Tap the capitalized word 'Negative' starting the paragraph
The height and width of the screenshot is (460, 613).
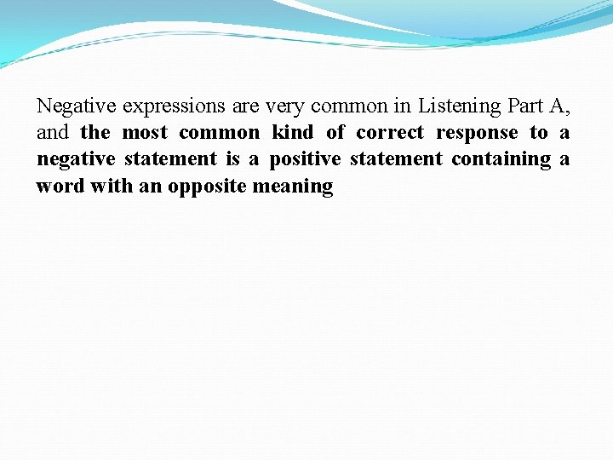coord(77,106)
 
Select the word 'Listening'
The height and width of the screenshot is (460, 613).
coord(460,106)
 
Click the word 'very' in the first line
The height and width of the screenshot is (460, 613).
coord(285,107)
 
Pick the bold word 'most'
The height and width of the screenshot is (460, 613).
coord(145,133)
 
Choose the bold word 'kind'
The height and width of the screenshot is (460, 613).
coord(292,133)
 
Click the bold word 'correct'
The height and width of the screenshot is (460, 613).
coord(389,133)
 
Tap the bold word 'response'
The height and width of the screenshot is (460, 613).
coord(477,134)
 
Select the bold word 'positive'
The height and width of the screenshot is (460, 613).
coord(305,159)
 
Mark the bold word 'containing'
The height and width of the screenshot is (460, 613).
coord(501,159)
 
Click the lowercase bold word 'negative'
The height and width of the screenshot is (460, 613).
coord(76,159)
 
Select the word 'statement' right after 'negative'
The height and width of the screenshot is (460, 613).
coord(170,159)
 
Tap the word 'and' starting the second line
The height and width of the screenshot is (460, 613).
coord(53,133)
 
